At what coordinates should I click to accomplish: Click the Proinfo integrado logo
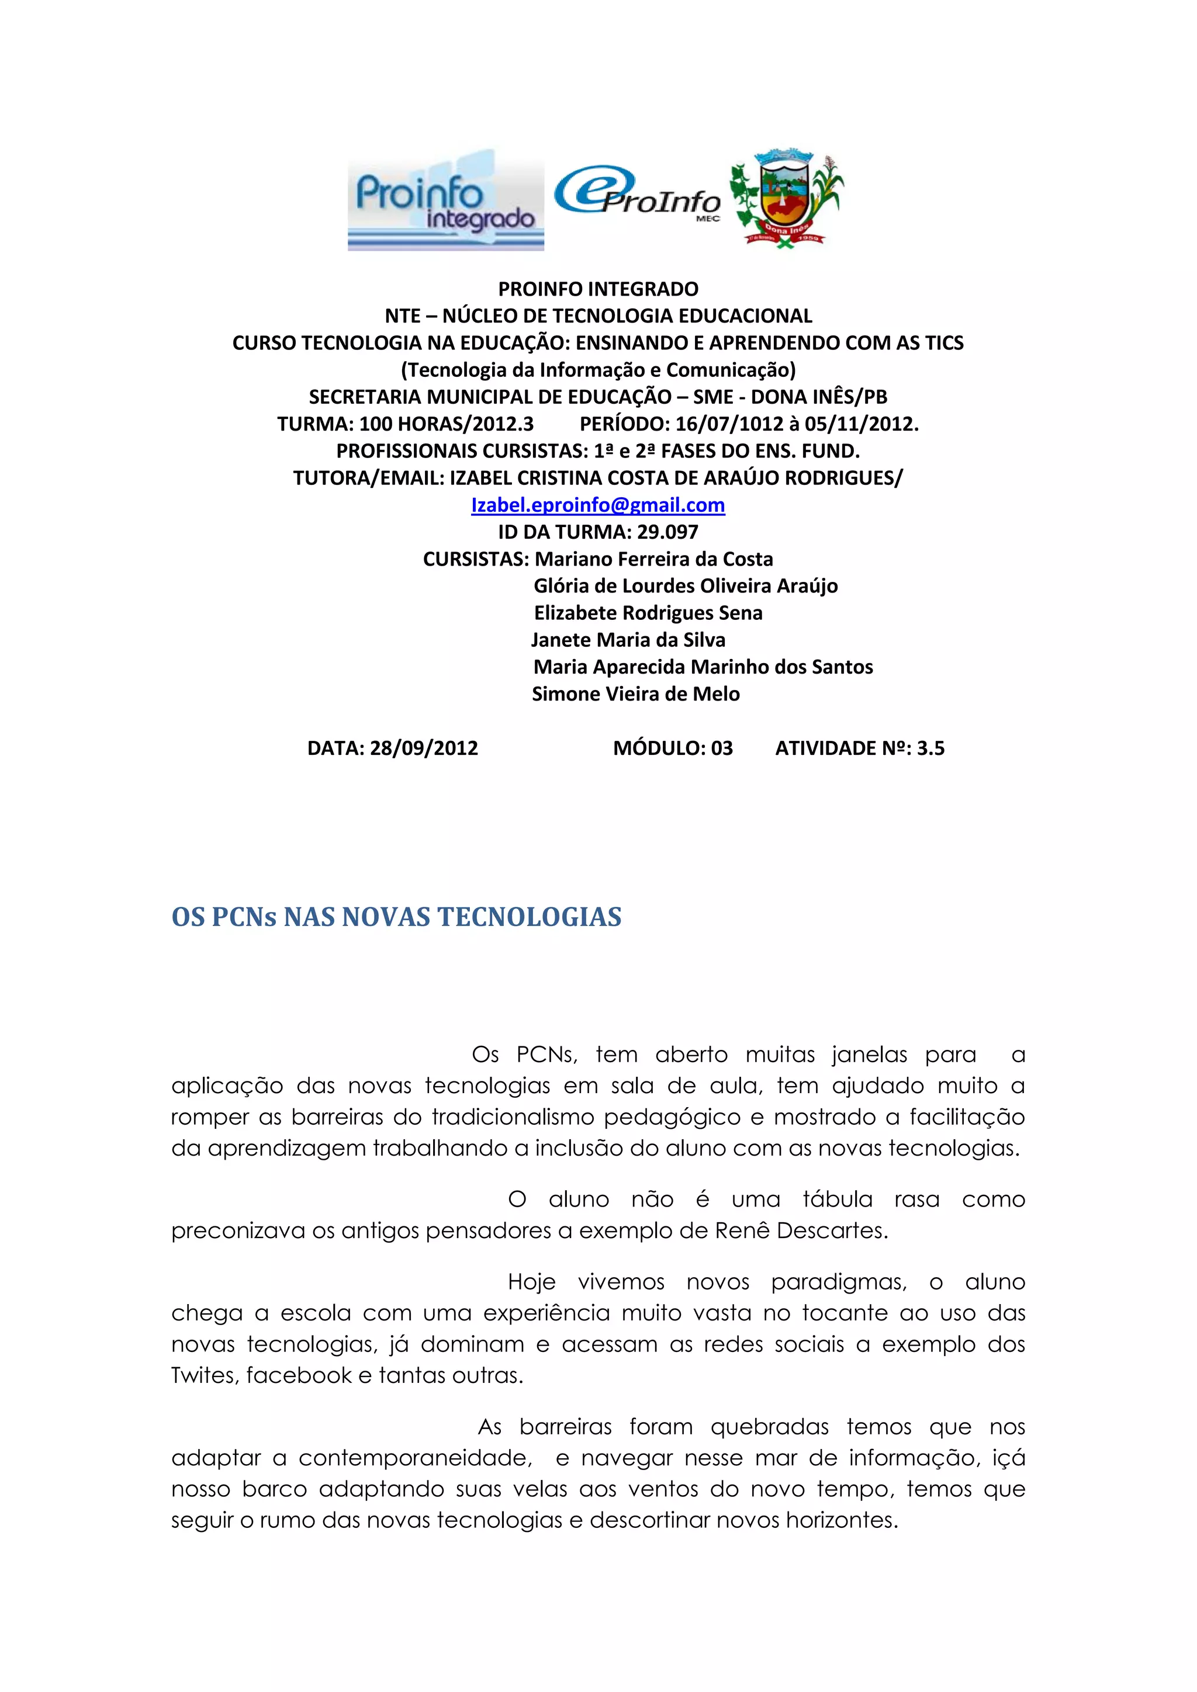coord(446,200)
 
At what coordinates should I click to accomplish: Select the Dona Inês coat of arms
coord(786,197)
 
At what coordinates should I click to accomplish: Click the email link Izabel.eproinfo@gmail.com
coord(598,505)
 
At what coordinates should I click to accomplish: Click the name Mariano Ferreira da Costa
coord(654,559)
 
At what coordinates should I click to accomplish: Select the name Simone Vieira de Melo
coord(635,694)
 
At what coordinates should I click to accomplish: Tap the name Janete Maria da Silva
coord(628,640)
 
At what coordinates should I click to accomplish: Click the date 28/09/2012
coord(424,749)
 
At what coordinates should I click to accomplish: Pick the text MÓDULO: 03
coord(673,749)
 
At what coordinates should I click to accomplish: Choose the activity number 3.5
coord(930,749)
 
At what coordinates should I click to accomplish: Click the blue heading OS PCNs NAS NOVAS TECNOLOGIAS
coord(396,917)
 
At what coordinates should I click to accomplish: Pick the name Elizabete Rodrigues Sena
coord(648,613)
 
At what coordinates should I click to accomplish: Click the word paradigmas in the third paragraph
coord(839,1283)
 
